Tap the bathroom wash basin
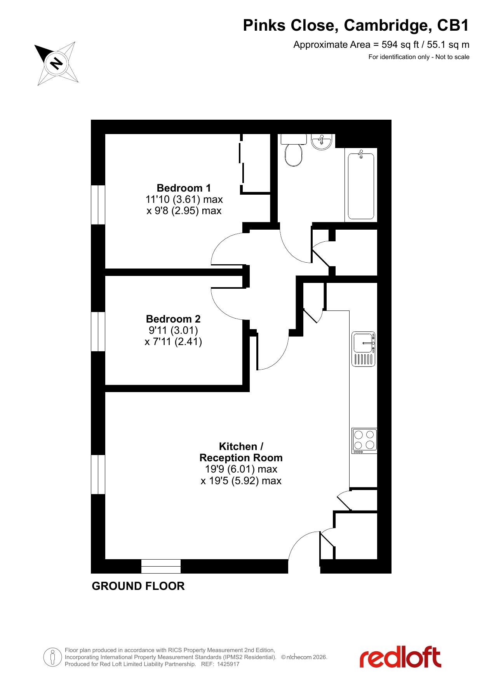[322, 142]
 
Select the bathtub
[361, 185]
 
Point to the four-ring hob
[364, 441]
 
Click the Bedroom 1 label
[184, 188]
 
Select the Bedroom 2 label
[173, 319]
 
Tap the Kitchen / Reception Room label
[241, 452]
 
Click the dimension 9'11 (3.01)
[173, 330]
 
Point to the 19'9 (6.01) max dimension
[241, 469]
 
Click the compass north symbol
[57, 63]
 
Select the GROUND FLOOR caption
[138, 586]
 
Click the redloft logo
[400, 657]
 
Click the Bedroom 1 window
[98, 205]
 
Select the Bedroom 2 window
[98, 331]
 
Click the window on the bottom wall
[161, 566]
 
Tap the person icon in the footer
[52, 657]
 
